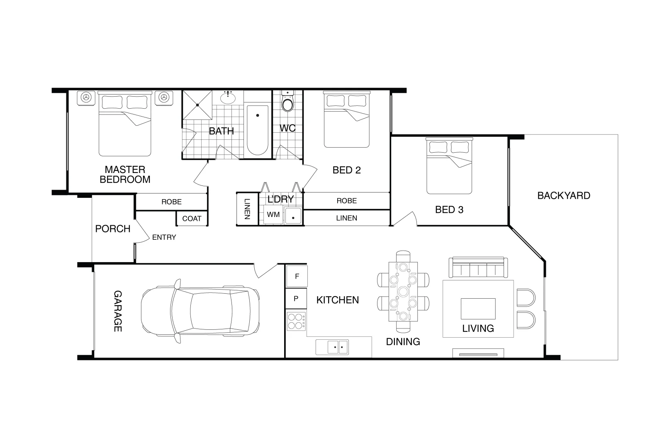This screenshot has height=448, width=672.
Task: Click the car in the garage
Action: point(201,311)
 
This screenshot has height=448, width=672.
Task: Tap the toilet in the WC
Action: point(287,102)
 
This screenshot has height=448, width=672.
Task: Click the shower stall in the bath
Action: point(198,105)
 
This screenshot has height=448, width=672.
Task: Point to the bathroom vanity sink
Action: point(228,98)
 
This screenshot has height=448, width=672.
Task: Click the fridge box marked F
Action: point(297,276)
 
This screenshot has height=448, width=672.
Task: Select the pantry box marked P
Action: point(296,298)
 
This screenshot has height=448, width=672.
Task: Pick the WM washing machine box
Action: point(273,215)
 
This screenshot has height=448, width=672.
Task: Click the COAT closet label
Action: point(192,219)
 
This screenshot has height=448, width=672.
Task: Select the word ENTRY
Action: point(164,237)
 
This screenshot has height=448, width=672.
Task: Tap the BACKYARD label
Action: point(563,195)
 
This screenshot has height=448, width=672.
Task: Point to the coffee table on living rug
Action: point(478,308)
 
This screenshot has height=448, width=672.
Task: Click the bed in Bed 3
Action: point(449,166)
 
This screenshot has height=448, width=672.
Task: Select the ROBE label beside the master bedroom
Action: point(171,202)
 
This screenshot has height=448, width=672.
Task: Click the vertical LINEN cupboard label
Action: point(247,209)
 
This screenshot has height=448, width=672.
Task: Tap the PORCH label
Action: point(112,229)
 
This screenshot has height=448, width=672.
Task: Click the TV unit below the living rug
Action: point(478,354)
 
